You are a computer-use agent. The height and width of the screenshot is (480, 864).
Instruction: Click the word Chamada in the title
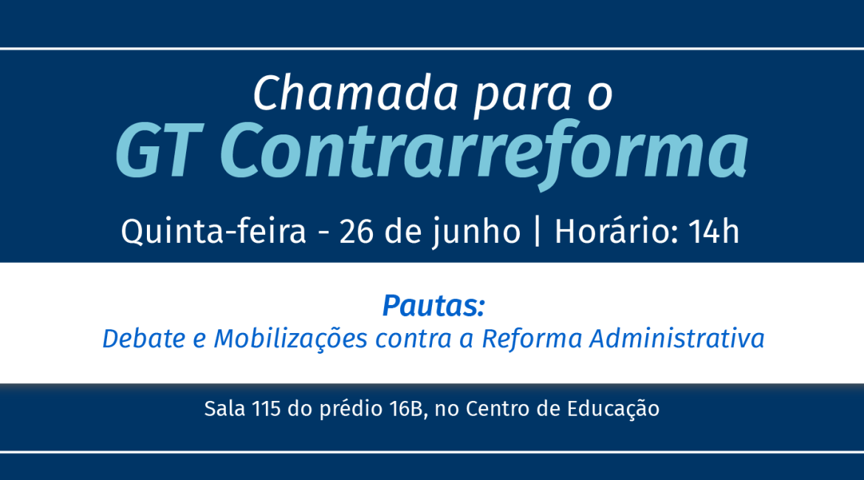tap(356, 93)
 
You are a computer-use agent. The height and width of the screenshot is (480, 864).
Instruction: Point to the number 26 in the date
tap(357, 232)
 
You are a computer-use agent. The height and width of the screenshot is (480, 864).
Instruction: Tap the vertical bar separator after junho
tap(538, 232)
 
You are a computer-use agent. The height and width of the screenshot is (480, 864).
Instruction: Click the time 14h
tap(714, 231)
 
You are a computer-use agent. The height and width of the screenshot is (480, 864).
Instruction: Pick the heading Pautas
tap(433, 306)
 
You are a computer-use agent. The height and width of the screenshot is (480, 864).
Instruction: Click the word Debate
tap(144, 338)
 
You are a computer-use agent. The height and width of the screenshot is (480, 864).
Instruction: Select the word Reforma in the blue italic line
tap(532, 338)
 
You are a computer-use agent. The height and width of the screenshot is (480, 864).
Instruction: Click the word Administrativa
tap(677, 338)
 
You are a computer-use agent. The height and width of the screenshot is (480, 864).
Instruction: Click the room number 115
tap(266, 409)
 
